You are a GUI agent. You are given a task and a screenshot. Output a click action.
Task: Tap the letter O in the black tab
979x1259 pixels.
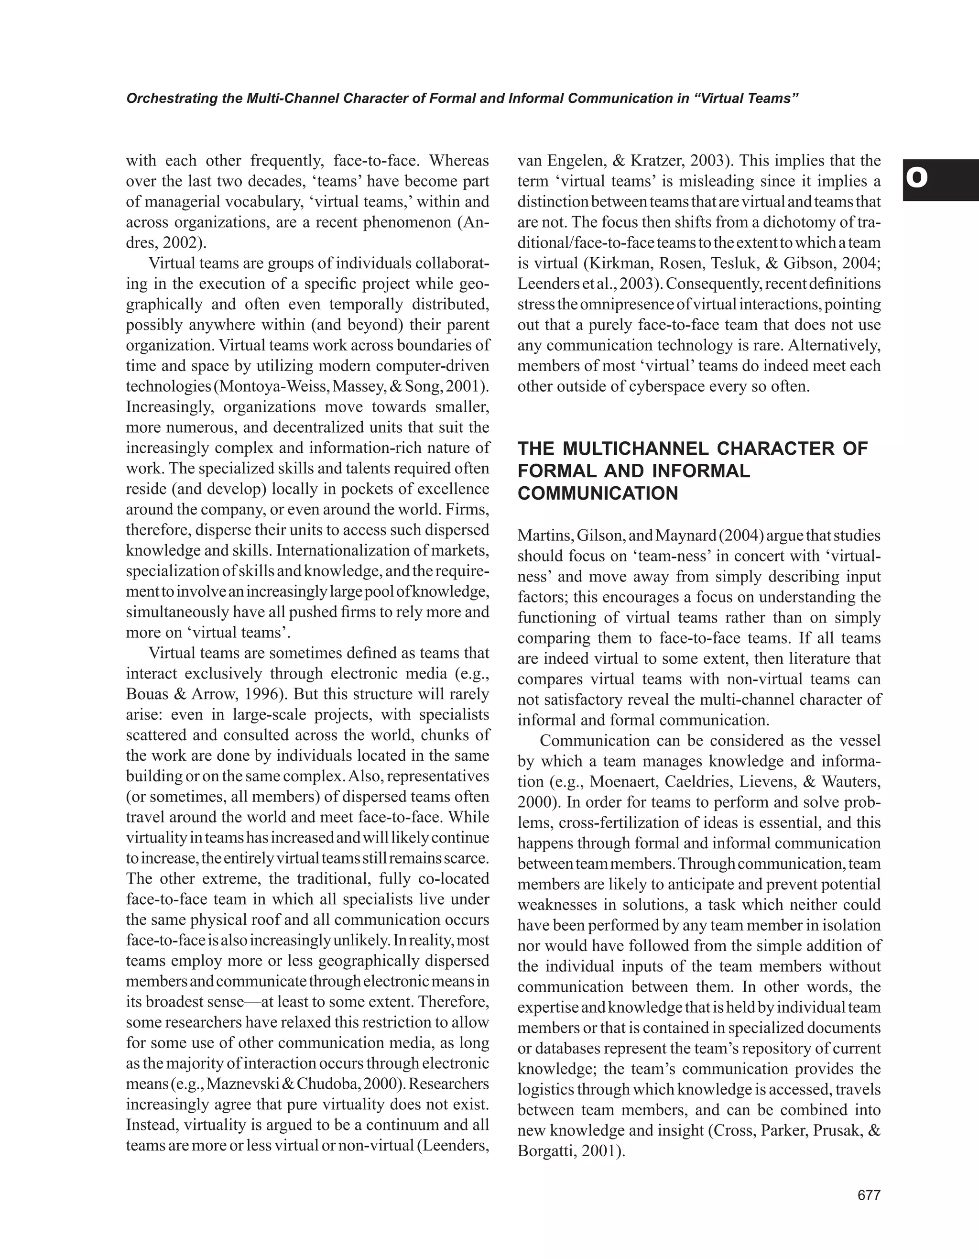[x=917, y=179]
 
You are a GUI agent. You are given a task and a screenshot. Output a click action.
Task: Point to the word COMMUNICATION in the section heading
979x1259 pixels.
[x=598, y=493]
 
